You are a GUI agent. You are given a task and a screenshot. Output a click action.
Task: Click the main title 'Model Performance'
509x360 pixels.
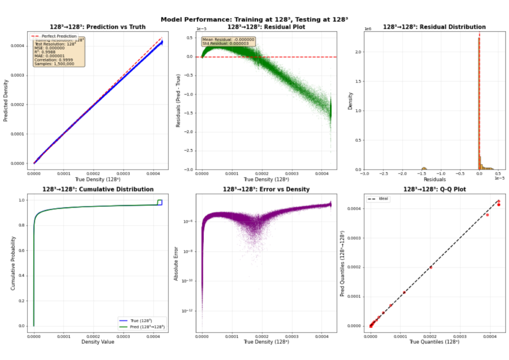(x=254, y=19)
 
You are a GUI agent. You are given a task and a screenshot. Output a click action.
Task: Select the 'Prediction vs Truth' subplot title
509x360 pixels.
(x=97, y=27)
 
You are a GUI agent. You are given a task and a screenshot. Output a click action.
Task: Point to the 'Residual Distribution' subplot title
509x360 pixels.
(x=434, y=27)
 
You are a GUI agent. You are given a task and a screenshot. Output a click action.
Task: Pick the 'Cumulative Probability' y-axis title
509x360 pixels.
(x=13, y=263)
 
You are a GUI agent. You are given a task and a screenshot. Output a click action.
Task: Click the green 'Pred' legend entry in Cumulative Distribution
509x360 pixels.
(x=149, y=326)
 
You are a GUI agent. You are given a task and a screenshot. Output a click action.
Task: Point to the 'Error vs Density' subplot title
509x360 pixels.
(x=266, y=189)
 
